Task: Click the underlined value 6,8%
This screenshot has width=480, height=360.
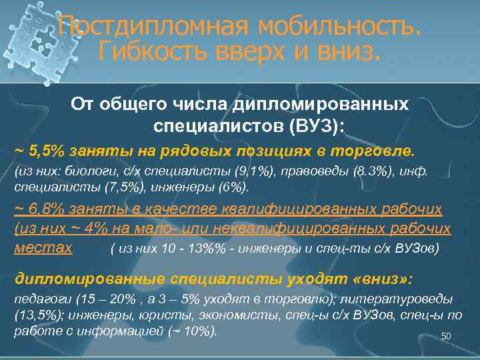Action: pyautogui.click(x=47, y=209)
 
